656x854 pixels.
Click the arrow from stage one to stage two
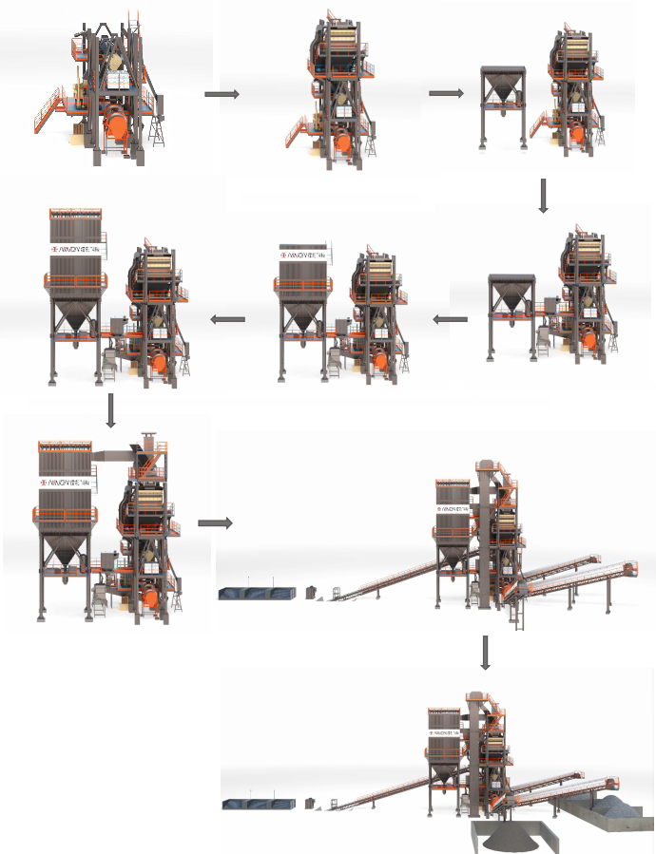(x=221, y=94)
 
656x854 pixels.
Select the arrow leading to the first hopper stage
(x=445, y=93)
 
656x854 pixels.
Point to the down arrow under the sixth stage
(x=111, y=410)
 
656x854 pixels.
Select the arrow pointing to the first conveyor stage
(x=214, y=522)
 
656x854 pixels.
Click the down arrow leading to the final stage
(x=486, y=652)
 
